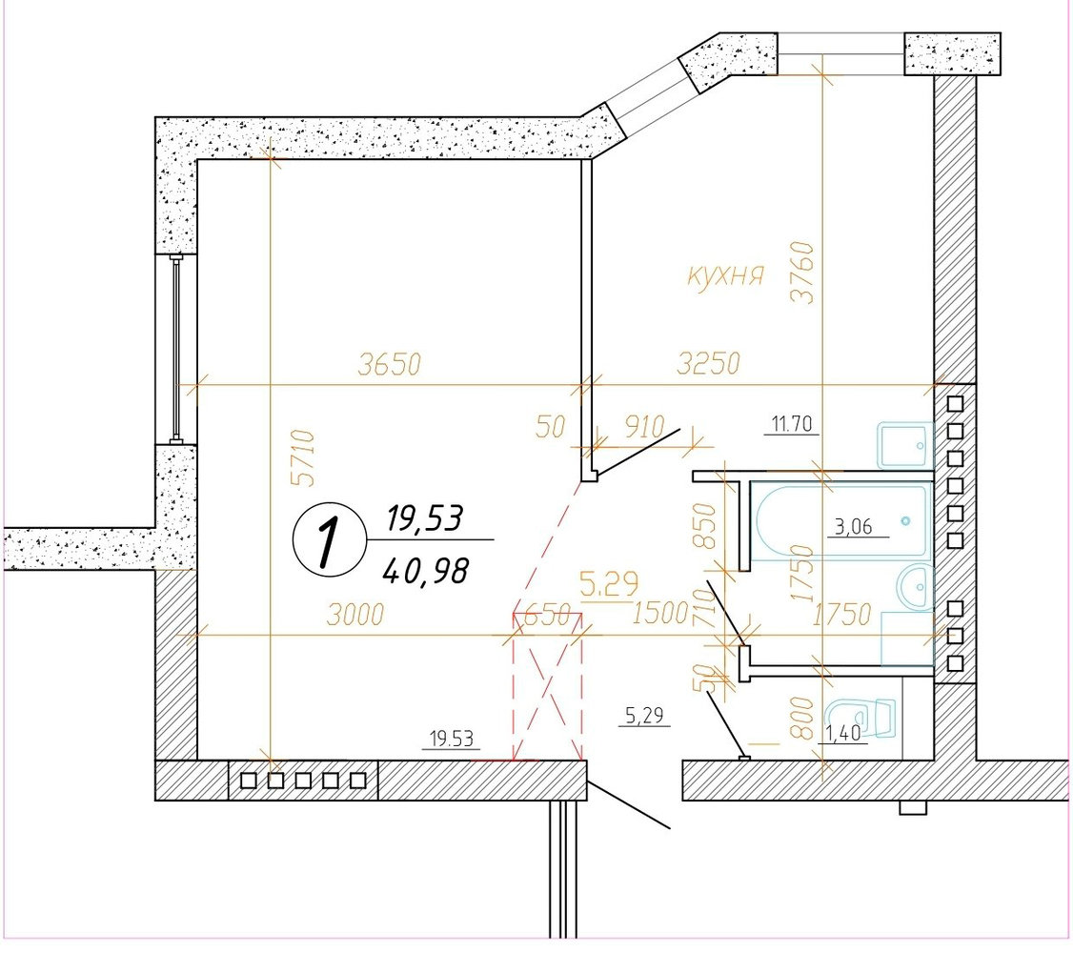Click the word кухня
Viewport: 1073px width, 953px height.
[x=724, y=275]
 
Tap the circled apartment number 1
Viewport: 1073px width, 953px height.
[x=327, y=539]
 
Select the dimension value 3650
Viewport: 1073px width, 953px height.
[x=390, y=365]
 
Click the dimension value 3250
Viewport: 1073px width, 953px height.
[x=708, y=363]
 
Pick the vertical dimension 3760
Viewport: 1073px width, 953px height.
[x=802, y=272]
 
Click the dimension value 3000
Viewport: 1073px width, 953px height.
[x=355, y=615]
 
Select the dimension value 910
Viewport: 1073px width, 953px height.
[x=644, y=427]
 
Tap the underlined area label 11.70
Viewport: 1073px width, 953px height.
[x=792, y=425]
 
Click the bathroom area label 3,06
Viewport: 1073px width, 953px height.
[x=854, y=527]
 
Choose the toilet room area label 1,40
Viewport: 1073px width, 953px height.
[x=843, y=734]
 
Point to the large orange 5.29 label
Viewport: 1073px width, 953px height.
[x=609, y=584]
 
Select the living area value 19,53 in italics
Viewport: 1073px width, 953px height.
[x=425, y=517]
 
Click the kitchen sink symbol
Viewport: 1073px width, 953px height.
[x=904, y=445]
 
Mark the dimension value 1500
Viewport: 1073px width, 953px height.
[x=659, y=613]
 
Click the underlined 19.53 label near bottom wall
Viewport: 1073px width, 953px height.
[x=451, y=740]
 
